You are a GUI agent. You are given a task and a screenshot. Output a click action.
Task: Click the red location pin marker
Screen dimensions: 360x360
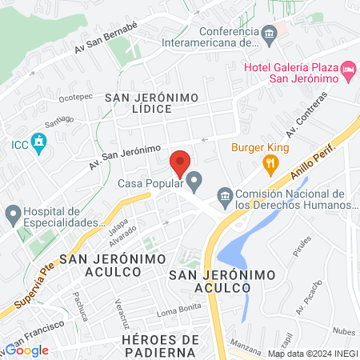coord(180,164)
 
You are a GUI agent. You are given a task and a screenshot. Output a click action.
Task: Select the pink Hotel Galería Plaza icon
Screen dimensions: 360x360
coord(348,71)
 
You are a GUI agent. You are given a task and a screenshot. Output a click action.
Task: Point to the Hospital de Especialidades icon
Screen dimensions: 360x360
coord(13,213)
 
